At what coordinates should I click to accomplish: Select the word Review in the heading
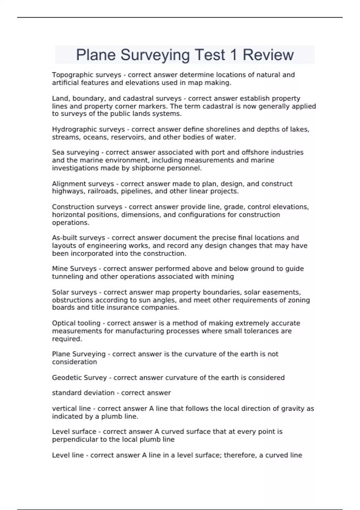(268, 55)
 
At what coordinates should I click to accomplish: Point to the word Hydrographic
(73, 129)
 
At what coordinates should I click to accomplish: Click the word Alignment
(68, 184)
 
